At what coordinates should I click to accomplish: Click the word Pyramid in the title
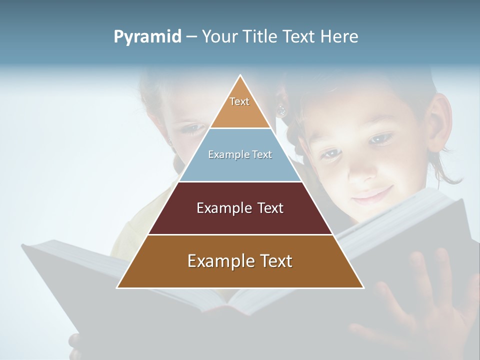(147, 37)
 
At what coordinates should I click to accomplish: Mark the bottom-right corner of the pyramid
(363, 287)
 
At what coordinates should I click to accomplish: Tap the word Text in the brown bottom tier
(273, 261)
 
